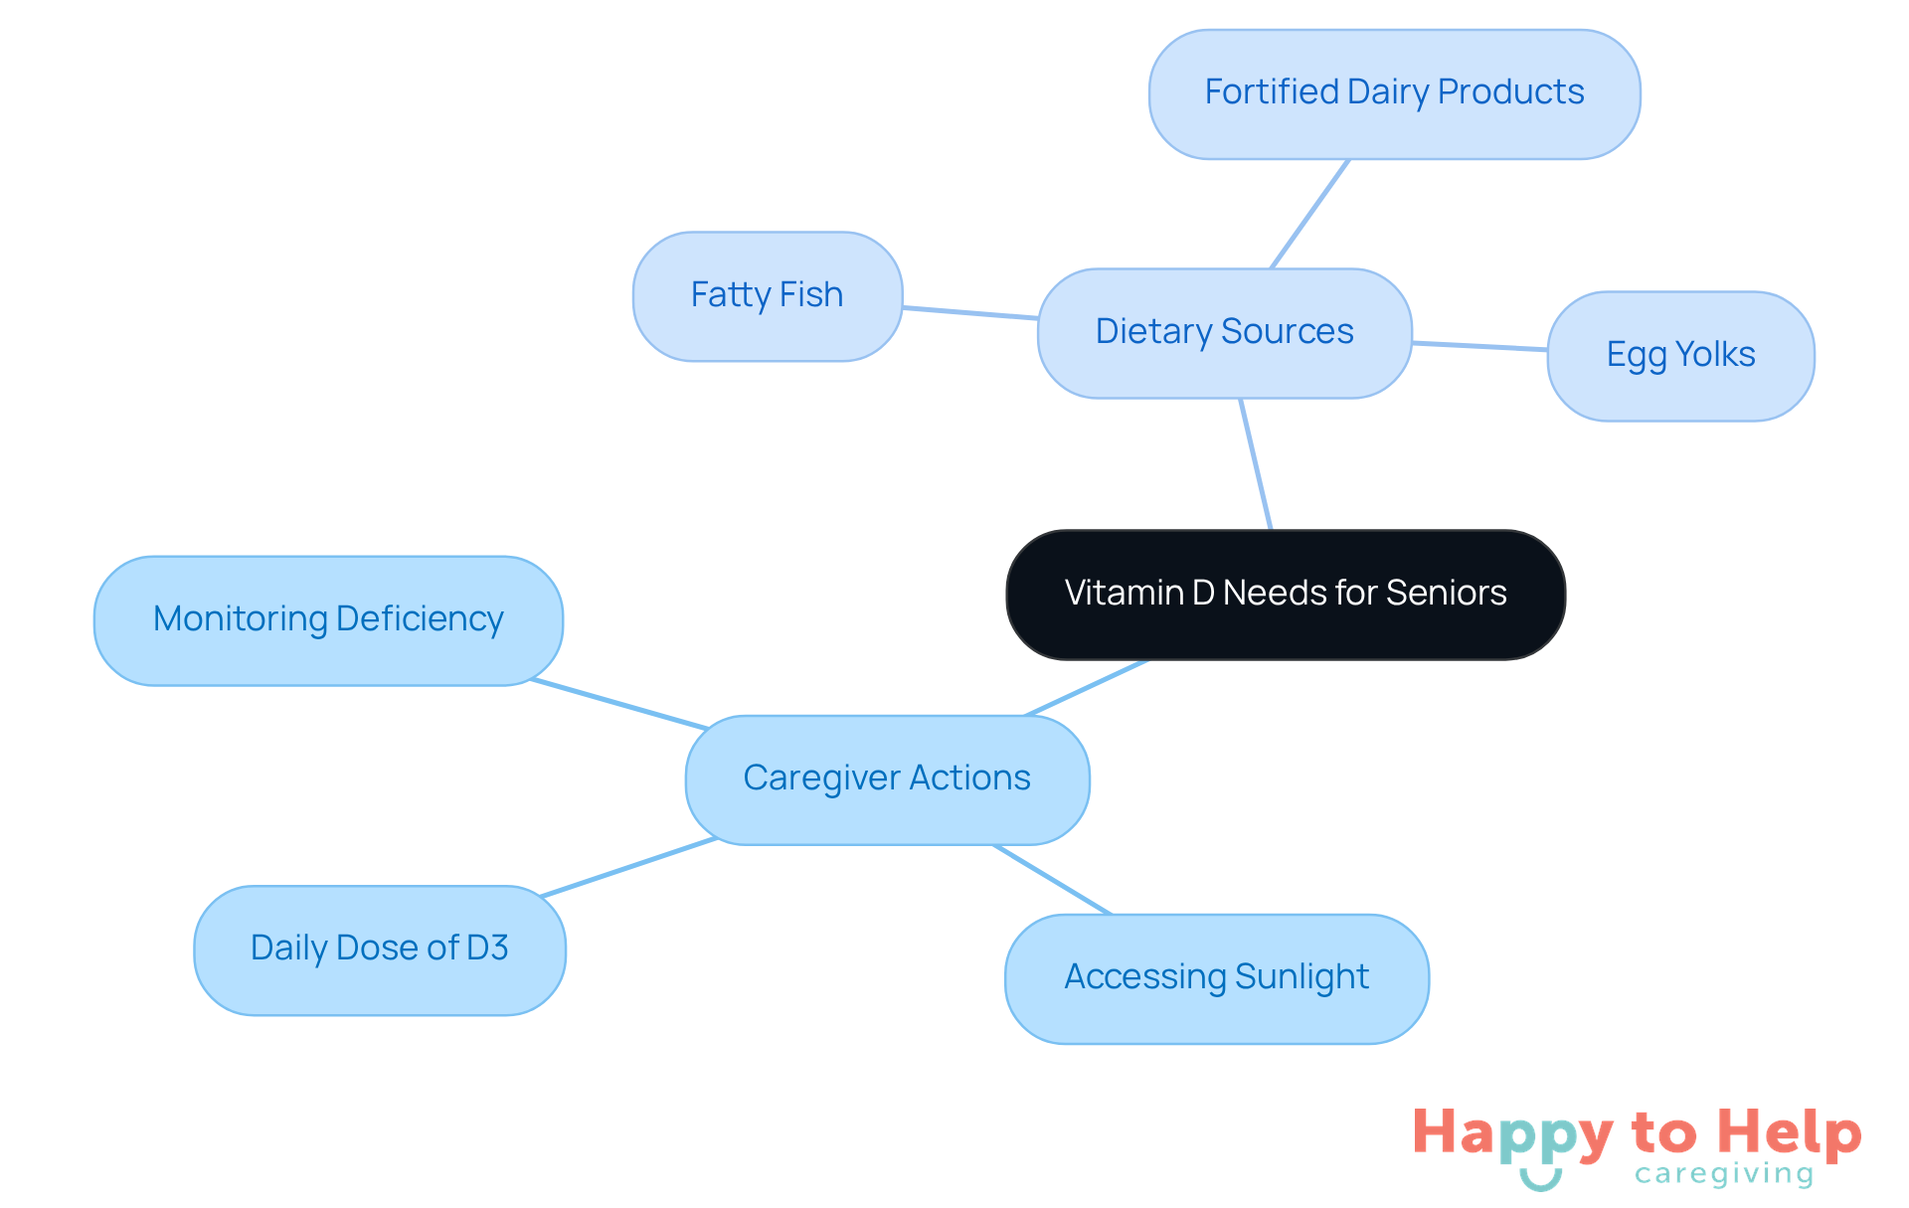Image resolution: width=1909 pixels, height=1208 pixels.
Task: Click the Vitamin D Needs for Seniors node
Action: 1286,595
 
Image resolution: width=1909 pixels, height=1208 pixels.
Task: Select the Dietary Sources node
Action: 1224,333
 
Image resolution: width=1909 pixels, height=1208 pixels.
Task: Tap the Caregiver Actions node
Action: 887,779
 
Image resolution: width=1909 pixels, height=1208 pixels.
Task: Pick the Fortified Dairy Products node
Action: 1394,93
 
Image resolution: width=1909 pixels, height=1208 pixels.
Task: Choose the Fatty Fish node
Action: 767,296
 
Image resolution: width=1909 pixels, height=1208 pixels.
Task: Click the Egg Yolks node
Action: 1680,356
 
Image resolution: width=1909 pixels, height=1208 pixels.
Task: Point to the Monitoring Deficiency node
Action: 328,620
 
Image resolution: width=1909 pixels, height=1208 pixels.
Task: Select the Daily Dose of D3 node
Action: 380,949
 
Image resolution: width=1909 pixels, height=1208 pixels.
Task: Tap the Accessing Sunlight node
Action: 1216,978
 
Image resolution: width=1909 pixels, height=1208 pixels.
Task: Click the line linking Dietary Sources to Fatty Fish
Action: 970,313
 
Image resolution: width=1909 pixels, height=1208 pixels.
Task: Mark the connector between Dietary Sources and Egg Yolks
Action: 1479,346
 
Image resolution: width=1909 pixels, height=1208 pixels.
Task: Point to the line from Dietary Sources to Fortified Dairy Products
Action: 1309,214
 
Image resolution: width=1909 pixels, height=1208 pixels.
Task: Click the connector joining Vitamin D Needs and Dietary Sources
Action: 1256,464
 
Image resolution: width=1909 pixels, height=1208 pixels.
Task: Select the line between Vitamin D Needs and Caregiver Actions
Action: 1086,688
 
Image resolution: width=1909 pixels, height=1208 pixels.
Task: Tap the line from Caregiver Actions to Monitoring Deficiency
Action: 618,704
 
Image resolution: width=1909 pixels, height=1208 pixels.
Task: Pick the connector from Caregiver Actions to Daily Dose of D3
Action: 628,867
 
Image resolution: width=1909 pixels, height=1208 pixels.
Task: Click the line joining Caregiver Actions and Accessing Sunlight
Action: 1051,879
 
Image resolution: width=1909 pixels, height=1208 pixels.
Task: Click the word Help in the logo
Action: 1789,1133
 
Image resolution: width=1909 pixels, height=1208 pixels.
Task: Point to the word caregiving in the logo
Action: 1724,1174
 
